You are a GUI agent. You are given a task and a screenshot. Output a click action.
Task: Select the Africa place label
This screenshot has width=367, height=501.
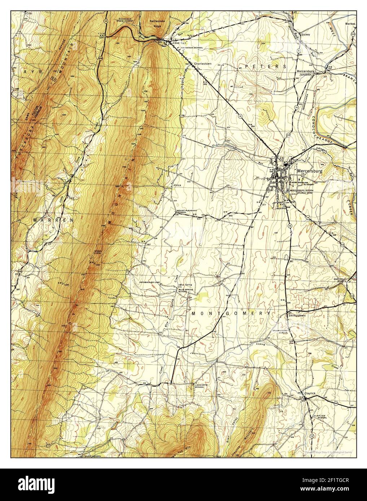point(177,185)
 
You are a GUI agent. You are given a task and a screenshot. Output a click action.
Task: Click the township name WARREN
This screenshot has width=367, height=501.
point(53,220)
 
